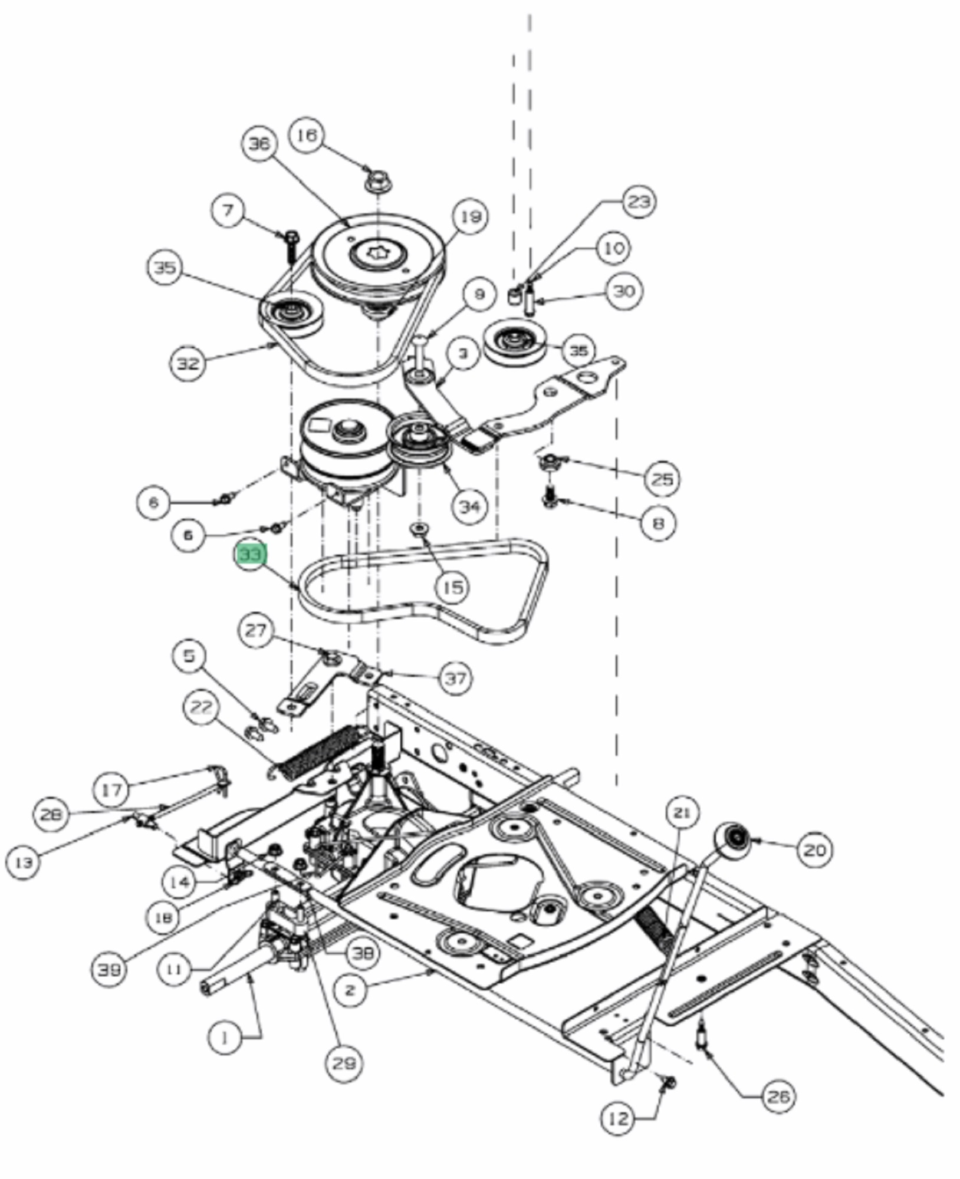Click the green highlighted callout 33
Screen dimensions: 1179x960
[x=251, y=554]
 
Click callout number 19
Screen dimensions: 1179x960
[x=470, y=217]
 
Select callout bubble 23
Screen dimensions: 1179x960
[x=639, y=202]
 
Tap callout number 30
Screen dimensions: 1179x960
[x=624, y=291]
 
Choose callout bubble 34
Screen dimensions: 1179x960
[x=469, y=506]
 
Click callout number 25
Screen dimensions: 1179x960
[x=662, y=478]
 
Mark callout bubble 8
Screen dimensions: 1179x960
[x=658, y=522]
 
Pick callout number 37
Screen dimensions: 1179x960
[x=455, y=679]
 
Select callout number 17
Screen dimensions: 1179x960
[x=112, y=789]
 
